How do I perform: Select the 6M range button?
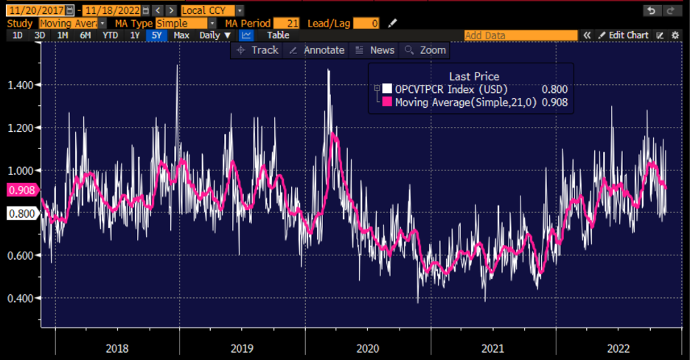[x=86, y=35]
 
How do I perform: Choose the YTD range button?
[x=109, y=35]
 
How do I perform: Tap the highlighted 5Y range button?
[x=156, y=35]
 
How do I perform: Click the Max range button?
[x=181, y=35]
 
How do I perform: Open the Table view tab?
[x=278, y=35]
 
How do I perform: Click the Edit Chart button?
[x=623, y=35]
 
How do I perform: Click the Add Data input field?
[x=520, y=35]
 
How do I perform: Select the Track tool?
[x=257, y=49]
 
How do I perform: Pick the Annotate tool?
[x=317, y=49]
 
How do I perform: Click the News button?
[x=374, y=49]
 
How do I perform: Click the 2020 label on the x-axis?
[x=367, y=347]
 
